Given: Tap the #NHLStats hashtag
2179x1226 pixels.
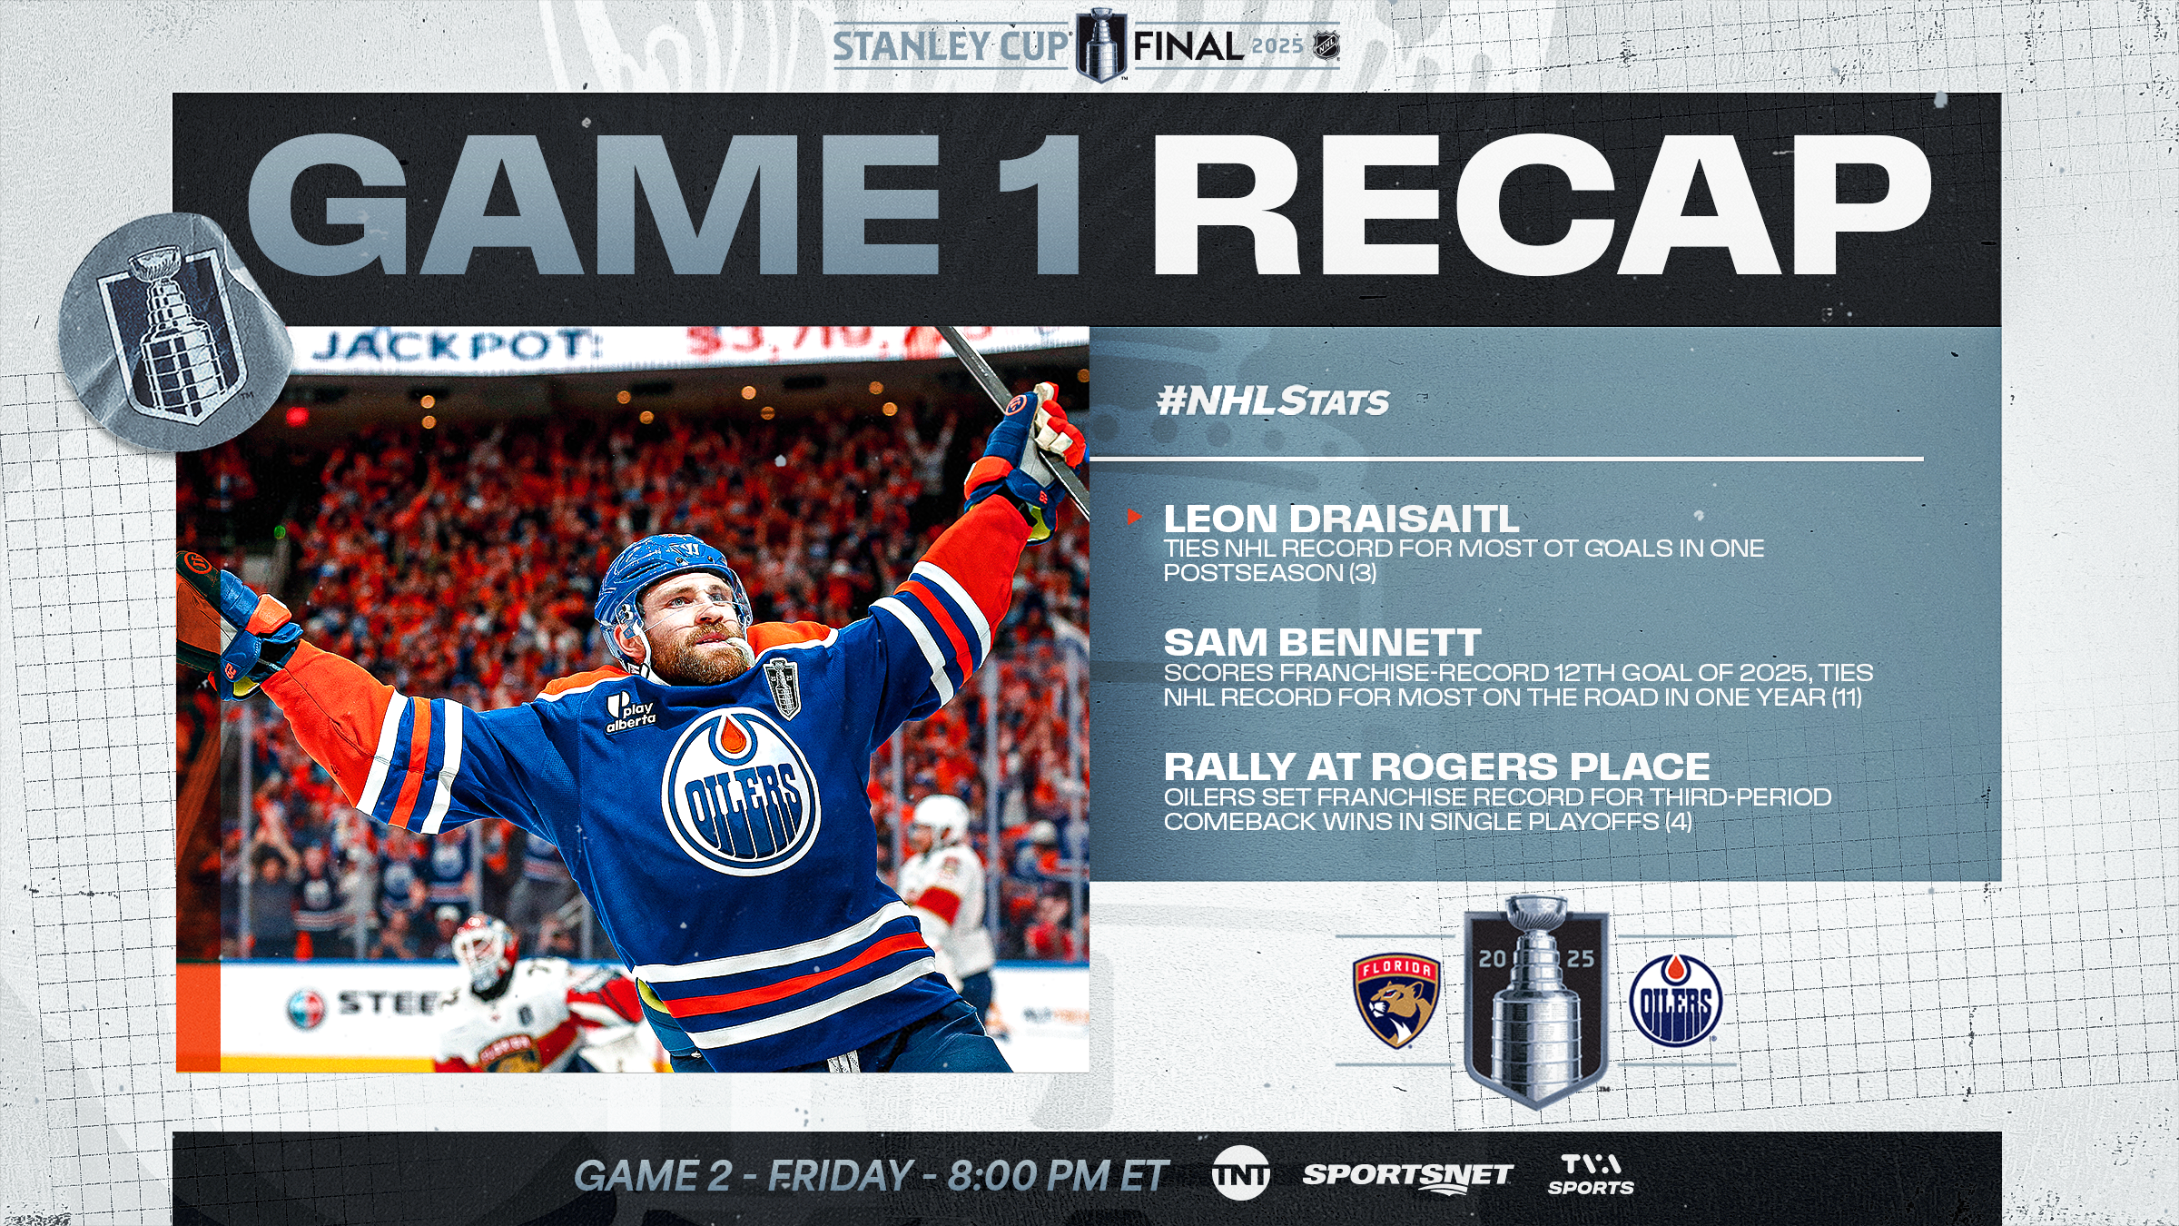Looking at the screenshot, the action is coord(1273,400).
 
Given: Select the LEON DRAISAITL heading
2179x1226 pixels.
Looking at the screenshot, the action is coord(1341,519).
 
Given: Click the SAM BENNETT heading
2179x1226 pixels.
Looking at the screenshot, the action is coord(1322,642).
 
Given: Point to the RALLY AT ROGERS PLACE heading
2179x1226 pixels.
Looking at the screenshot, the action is coord(1436,766).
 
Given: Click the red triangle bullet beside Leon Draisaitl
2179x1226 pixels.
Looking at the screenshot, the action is coord(1133,517).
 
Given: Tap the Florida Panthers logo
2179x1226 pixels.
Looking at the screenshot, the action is coord(1396,1000).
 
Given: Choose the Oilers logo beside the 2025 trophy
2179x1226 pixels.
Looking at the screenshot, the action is coord(1675,1000).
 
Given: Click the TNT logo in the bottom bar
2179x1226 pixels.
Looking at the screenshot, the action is coord(1240,1173).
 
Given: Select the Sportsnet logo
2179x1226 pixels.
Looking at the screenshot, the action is coord(1407,1176).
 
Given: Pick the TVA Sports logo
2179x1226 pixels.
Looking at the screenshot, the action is coord(1591,1174).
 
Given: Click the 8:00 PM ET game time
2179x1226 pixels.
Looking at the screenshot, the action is coord(1058,1175).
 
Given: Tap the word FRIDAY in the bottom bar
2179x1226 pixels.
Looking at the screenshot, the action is coord(841,1175).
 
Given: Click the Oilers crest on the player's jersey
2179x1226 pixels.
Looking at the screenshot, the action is coord(742,790).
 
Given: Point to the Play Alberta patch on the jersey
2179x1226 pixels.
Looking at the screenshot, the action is coord(631,712).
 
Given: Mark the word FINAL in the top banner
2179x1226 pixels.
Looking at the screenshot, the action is coord(1188,45).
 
